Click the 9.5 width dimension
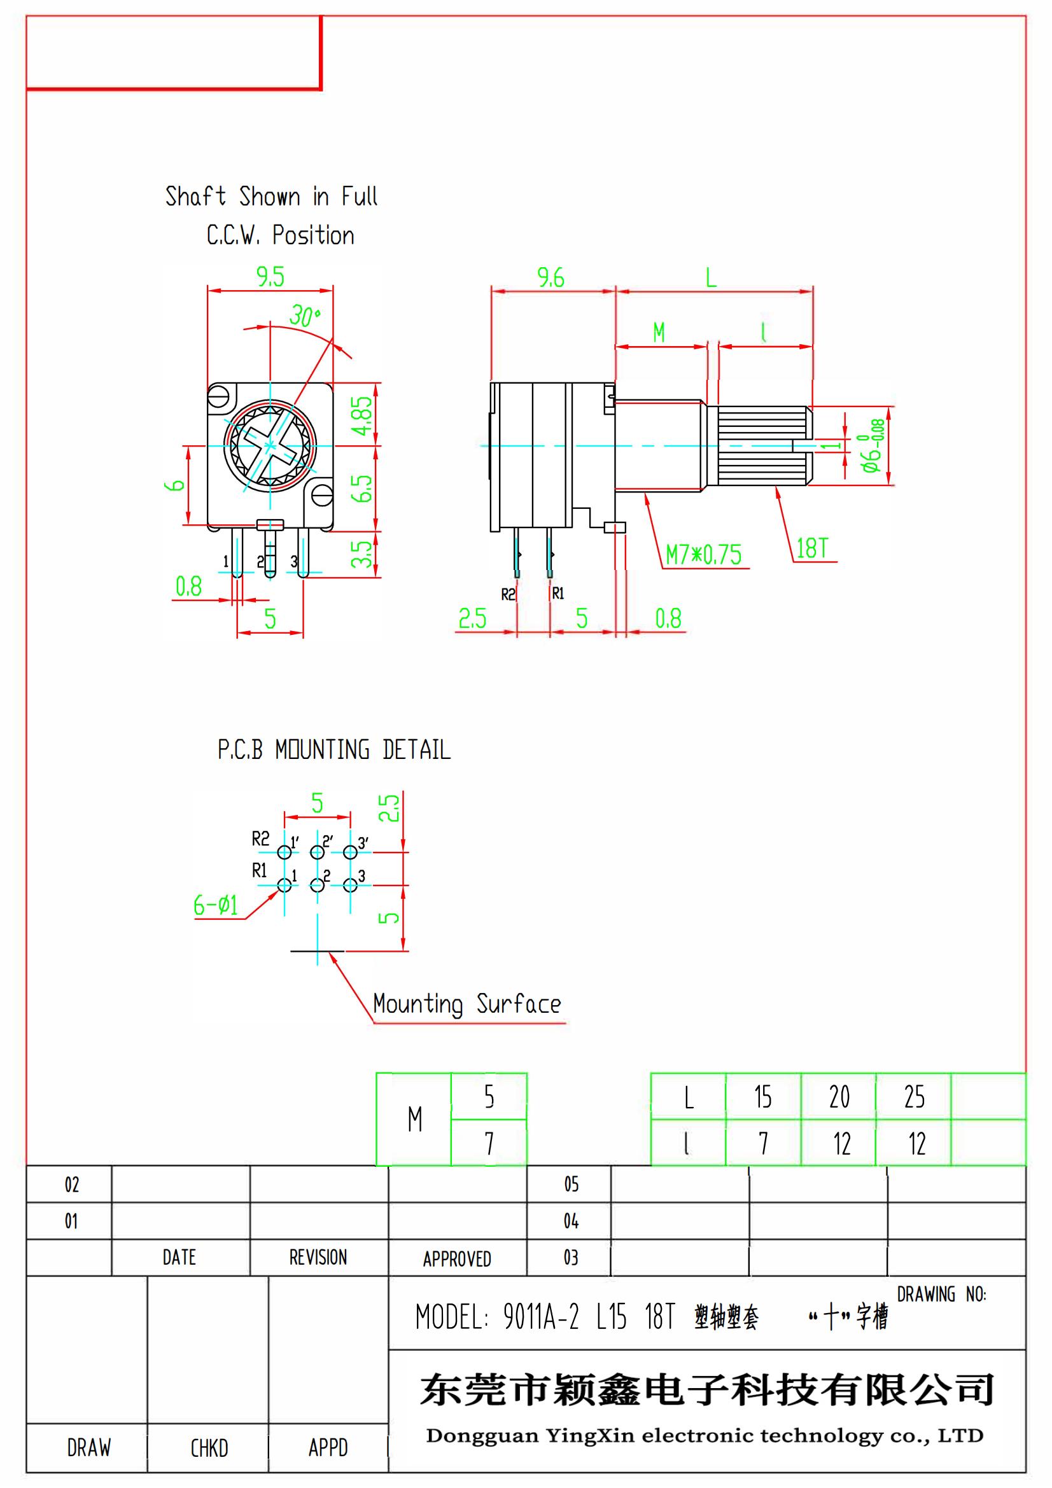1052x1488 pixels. pos(270,277)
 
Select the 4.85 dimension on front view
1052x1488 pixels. pos(364,415)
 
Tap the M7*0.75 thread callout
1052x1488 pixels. pos(703,555)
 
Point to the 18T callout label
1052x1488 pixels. pos(811,548)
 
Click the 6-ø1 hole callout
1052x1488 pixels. pos(216,905)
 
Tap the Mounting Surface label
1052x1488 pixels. pos(466,1004)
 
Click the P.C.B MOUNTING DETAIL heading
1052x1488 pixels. pos(334,750)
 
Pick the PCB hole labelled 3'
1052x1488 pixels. pos(350,852)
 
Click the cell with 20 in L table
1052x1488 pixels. pos(839,1097)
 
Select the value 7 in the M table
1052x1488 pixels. pos(489,1143)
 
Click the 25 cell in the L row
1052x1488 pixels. pos(914,1097)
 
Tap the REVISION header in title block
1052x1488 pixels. pos(318,1257)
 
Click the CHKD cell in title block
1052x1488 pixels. pos(209,1447)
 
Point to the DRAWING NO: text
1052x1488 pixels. pos(941,1295)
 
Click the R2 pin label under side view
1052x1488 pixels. pos(508,594)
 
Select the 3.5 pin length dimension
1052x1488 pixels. pos(364,554)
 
